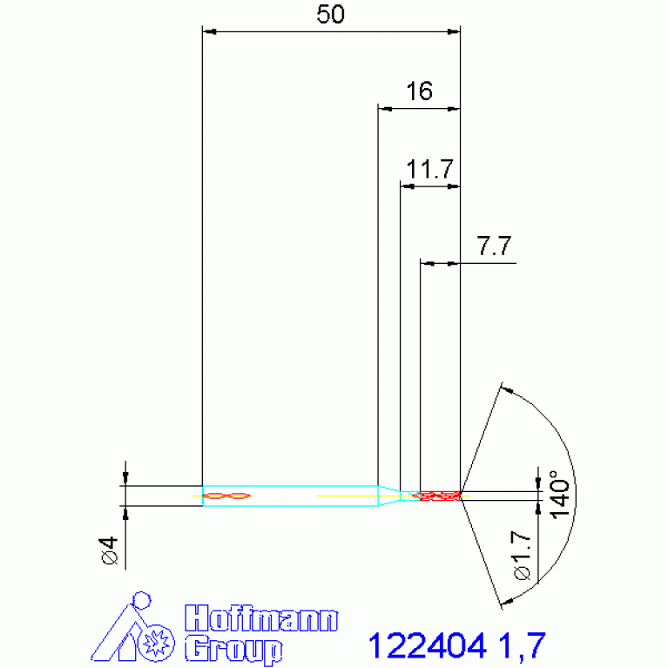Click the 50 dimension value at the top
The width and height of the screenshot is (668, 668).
coord(330,15)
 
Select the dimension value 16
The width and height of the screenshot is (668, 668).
coord(419,91)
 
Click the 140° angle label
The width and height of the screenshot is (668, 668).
coord(558,495)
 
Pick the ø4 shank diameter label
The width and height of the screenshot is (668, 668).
coord(109,550)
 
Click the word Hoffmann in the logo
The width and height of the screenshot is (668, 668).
coord(262,619)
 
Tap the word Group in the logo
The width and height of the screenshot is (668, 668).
coord(234,649)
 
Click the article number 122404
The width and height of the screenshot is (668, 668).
coord(427,645)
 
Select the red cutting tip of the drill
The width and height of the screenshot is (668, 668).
coord(440,496)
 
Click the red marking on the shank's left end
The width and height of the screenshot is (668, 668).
coord(226,496)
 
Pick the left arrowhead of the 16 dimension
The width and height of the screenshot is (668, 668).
coord(383,109)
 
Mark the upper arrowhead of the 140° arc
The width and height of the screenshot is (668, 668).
coord(505,388)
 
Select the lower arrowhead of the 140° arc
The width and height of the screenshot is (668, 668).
coord(504,600)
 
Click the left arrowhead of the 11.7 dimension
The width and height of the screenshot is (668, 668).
coord(406,186)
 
